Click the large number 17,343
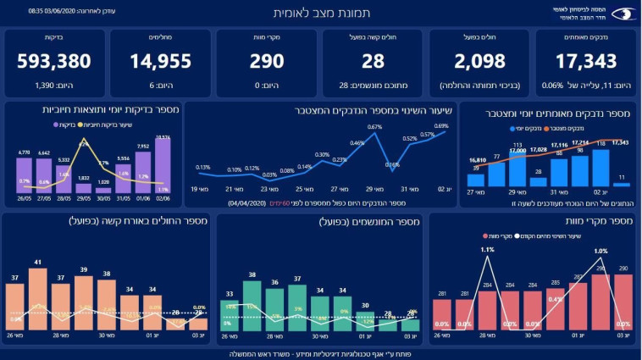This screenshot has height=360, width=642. (x=585, y=62)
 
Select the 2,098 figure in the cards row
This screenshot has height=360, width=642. (x=479, y=62)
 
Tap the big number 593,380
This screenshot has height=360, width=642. (x=53, y=62)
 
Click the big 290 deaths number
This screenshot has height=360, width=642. (x=267, y=62)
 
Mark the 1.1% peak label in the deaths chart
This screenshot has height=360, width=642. (x=487, y=250)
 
